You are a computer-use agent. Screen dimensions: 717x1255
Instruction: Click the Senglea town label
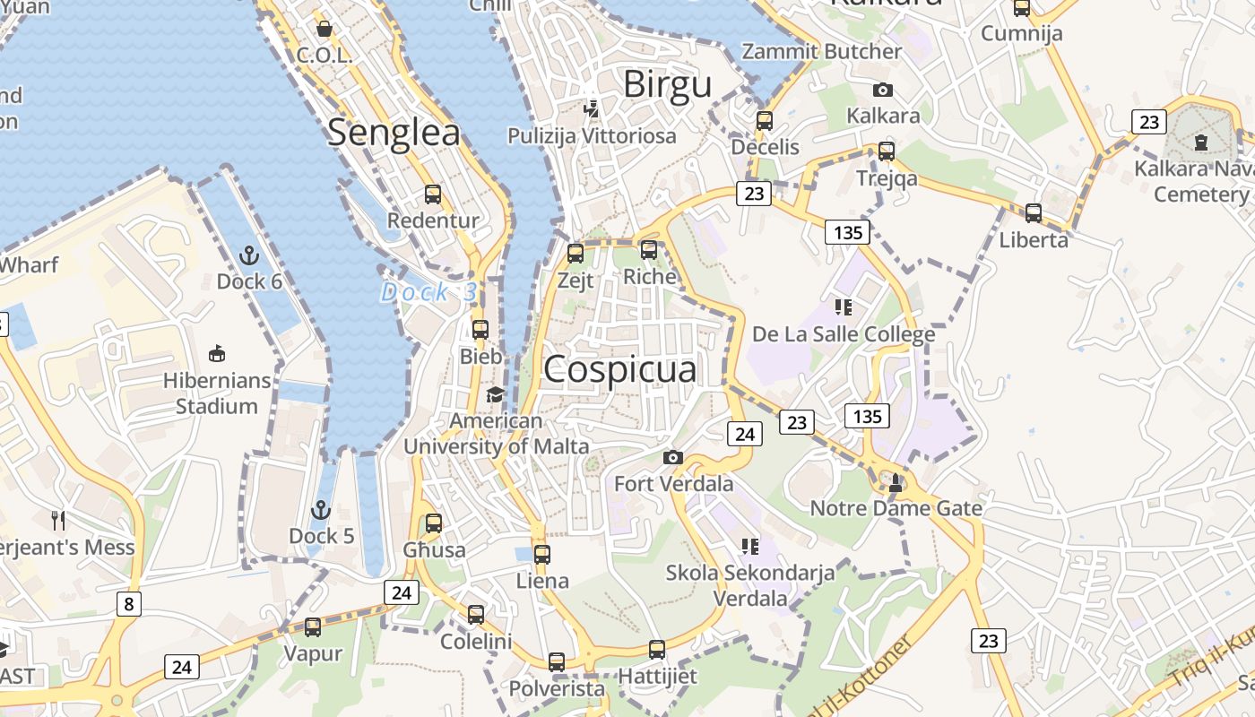click(394, 133)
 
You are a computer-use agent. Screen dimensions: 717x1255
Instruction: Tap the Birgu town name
click(667, 84)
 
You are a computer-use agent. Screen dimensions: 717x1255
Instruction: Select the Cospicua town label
click(619, 369)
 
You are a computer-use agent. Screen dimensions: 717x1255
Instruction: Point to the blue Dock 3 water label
click(429, 292)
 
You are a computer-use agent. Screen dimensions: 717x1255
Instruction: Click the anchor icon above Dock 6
click(249, 256)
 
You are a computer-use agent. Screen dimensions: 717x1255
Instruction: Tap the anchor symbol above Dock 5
click(321, 511)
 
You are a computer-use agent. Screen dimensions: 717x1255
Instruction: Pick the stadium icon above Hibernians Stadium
click(216, 354)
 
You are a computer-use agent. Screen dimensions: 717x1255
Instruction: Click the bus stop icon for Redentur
click(433, 194)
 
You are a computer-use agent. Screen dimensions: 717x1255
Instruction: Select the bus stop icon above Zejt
click(576, 254)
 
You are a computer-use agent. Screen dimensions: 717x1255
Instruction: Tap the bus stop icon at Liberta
click(1034, 213)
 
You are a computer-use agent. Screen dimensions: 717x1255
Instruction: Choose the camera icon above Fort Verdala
click(673, 458)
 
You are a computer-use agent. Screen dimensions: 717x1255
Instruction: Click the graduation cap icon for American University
click(495, 395)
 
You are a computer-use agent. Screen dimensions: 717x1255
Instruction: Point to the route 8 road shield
click(128, 603)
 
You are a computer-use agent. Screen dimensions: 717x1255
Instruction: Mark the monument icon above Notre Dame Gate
click(895, 483)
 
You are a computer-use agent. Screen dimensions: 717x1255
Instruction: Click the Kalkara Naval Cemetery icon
click(1201, 143)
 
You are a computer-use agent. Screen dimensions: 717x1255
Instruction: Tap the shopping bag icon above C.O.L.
click(325, 29)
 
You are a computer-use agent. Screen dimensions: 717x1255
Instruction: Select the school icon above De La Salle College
click(843, 307)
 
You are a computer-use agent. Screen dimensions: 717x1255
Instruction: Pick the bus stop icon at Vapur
click(313, 627)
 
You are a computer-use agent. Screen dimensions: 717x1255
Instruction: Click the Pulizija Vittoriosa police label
click(592, 135)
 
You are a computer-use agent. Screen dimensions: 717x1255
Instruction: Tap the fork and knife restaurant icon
click(58, 520)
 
